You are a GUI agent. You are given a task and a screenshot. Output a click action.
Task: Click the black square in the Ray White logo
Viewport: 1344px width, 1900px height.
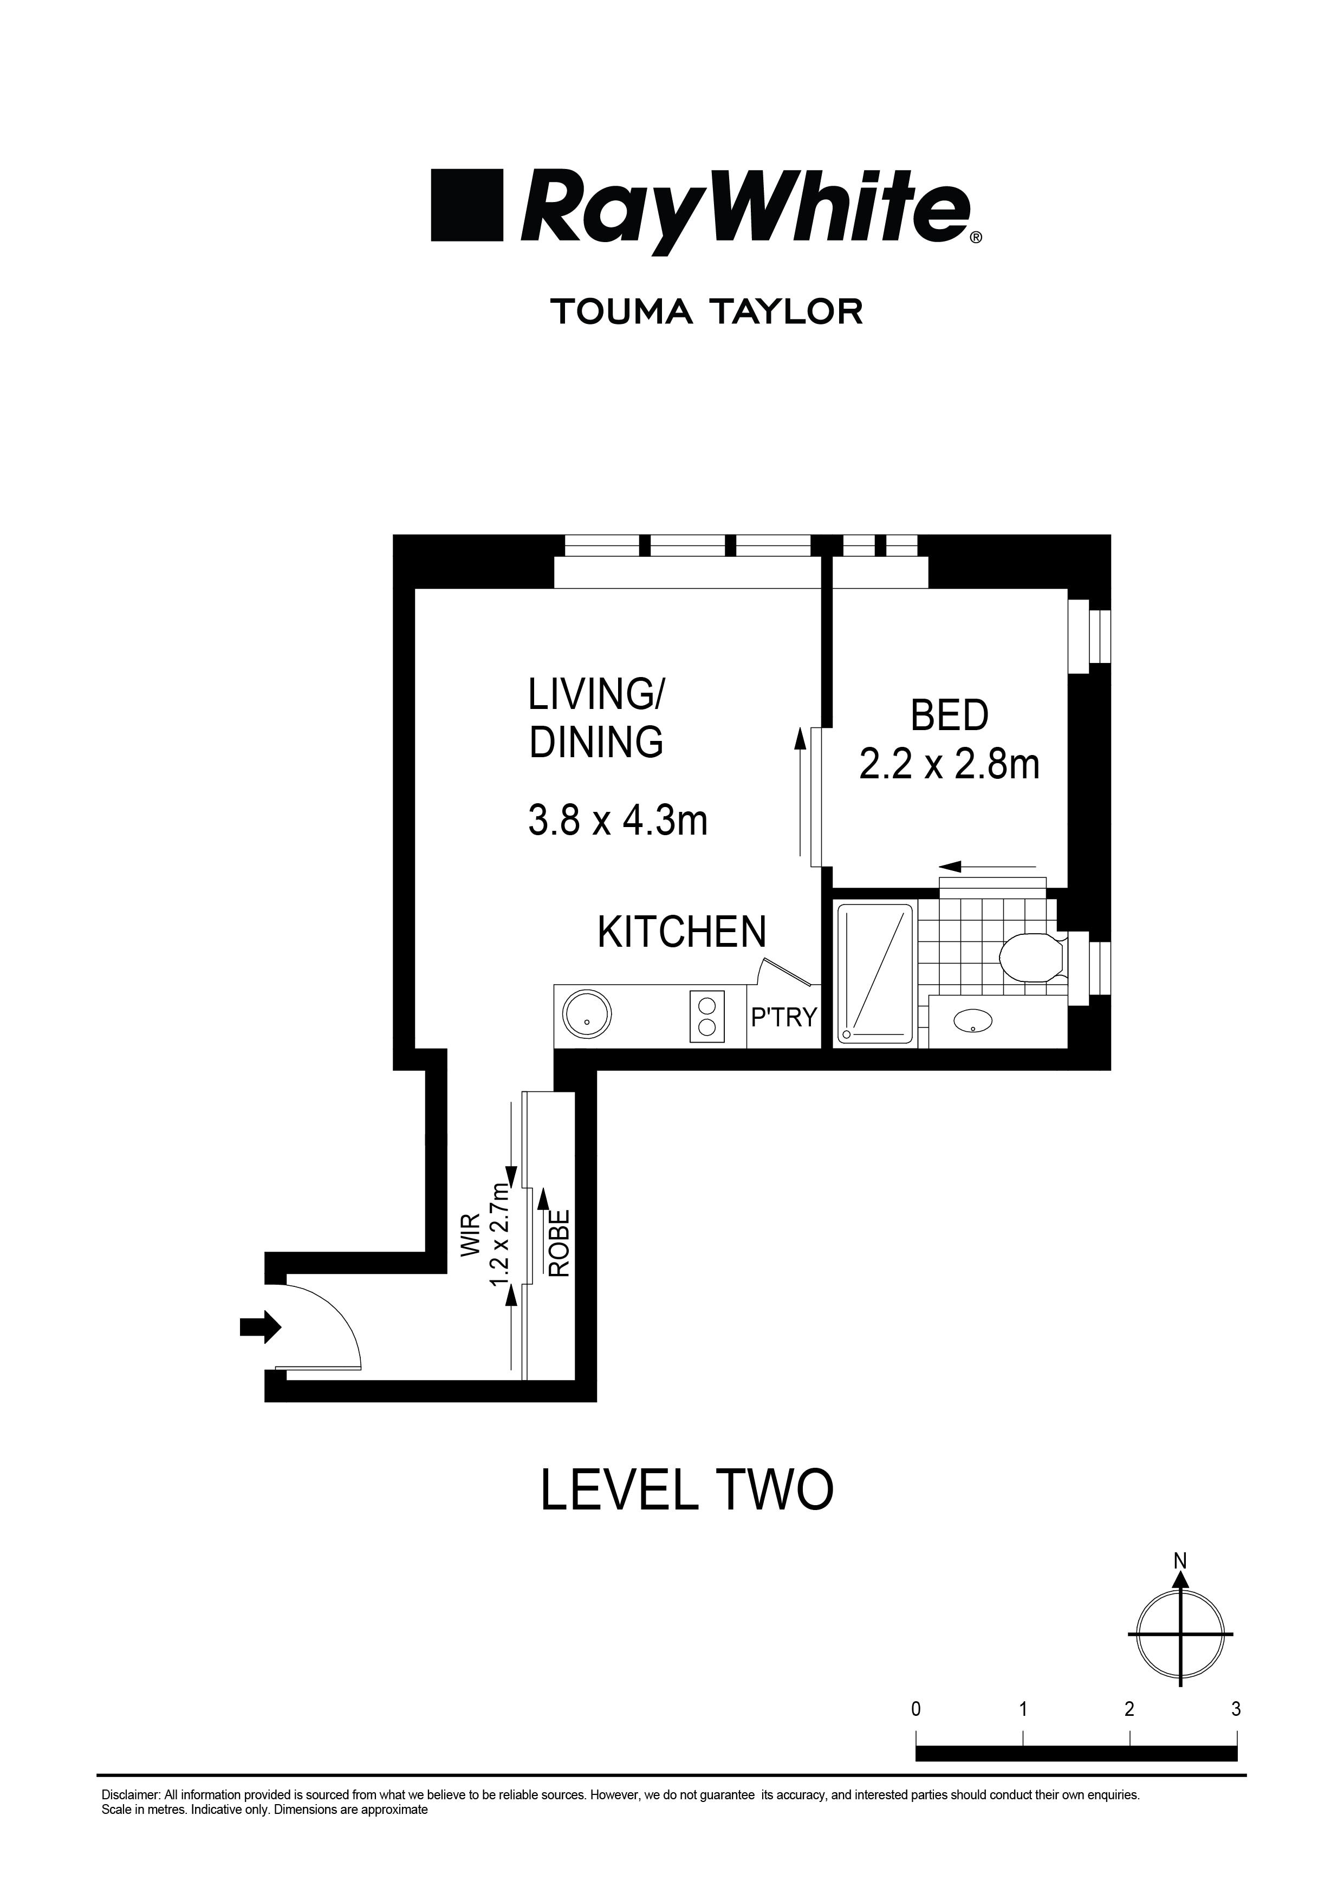[468, 205]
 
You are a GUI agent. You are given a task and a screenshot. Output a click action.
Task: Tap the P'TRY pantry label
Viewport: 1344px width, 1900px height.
[783, 1017]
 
